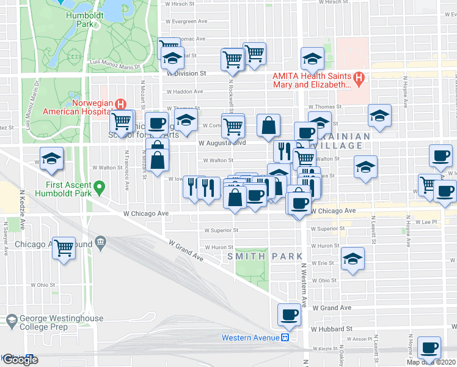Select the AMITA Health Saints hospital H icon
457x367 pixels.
(x=359, y=78)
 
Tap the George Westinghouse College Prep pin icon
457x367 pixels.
(x=12, y=319)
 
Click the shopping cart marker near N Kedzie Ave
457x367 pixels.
(x=64, y=248)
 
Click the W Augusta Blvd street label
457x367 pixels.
(x=222, y=143)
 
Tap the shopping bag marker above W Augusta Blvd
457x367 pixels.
(x=268, y=125)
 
